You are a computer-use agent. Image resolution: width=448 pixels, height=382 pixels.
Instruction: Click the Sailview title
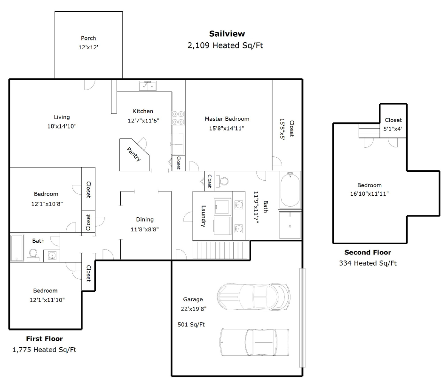(x=227, y=34)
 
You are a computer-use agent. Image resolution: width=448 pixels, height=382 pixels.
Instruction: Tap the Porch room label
(x=88, y=38)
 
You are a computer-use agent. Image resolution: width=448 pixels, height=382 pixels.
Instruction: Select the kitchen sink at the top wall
(x=148, y=86)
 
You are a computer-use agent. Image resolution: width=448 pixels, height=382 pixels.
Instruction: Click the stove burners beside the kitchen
(x=178, y=118)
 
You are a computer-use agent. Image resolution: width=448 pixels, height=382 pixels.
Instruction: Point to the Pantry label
(x=134, y=154)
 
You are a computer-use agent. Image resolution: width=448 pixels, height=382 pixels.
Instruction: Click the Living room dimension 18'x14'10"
(x=62, y=126)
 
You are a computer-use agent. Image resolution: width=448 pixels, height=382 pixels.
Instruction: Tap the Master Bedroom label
(x=227, y=119)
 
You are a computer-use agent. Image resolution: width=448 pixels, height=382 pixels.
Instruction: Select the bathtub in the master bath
(x=291, y=190)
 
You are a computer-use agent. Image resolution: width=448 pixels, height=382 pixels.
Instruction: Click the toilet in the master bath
(x=222, y=181)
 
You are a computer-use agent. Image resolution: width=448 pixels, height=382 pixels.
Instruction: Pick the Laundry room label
(x=204, y=216)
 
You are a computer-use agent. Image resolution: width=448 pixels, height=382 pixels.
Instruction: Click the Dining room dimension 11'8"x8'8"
(x=145, y=229)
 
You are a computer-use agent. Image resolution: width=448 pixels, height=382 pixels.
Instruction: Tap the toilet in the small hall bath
(x=33, y=255)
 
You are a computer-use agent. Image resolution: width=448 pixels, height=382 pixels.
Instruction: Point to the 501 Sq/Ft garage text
(x=191, y=324)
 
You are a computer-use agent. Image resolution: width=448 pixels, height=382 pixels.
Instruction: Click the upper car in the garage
(x=254, y=297)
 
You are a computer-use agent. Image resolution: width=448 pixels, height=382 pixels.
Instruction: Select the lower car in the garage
(x=254, y=342)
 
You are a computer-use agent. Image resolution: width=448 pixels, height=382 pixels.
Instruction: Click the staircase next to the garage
(x=220, y=250)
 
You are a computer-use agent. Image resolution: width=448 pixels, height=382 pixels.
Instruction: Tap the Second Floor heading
(x=368, y=252)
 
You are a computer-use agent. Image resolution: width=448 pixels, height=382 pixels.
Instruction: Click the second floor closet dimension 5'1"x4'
(x=393, y=129)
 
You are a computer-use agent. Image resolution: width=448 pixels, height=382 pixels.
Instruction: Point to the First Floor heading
(x=44, y=339)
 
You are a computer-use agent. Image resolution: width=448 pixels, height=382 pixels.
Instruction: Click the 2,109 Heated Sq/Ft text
(x=225, y=46)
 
